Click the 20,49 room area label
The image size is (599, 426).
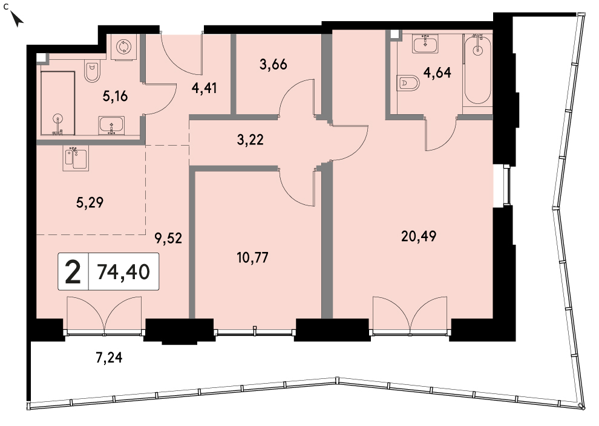(419, 236)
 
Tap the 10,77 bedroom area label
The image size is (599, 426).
(252, 258)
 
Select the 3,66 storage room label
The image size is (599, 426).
(273, 65)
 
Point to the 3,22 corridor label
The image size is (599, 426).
(250, 140)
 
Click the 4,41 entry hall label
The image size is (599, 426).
(205, 88)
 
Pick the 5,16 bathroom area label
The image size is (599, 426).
(115, 97)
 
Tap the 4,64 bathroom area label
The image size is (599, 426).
(437, 73)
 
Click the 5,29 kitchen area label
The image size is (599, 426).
(90, 202)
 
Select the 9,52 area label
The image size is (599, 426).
(168, 239)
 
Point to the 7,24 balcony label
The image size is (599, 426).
(109, 358)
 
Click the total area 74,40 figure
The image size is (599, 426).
(123, 272)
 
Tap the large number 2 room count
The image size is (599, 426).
(73, 271)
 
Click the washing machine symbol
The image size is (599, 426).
(124, 47)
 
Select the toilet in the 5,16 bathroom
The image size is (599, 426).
(92, 72)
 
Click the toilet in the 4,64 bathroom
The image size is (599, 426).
(408, 82)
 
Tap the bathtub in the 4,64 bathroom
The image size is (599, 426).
(477, 69)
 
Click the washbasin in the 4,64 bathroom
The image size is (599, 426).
(425, 44)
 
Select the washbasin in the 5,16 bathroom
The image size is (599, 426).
(111, 126)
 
